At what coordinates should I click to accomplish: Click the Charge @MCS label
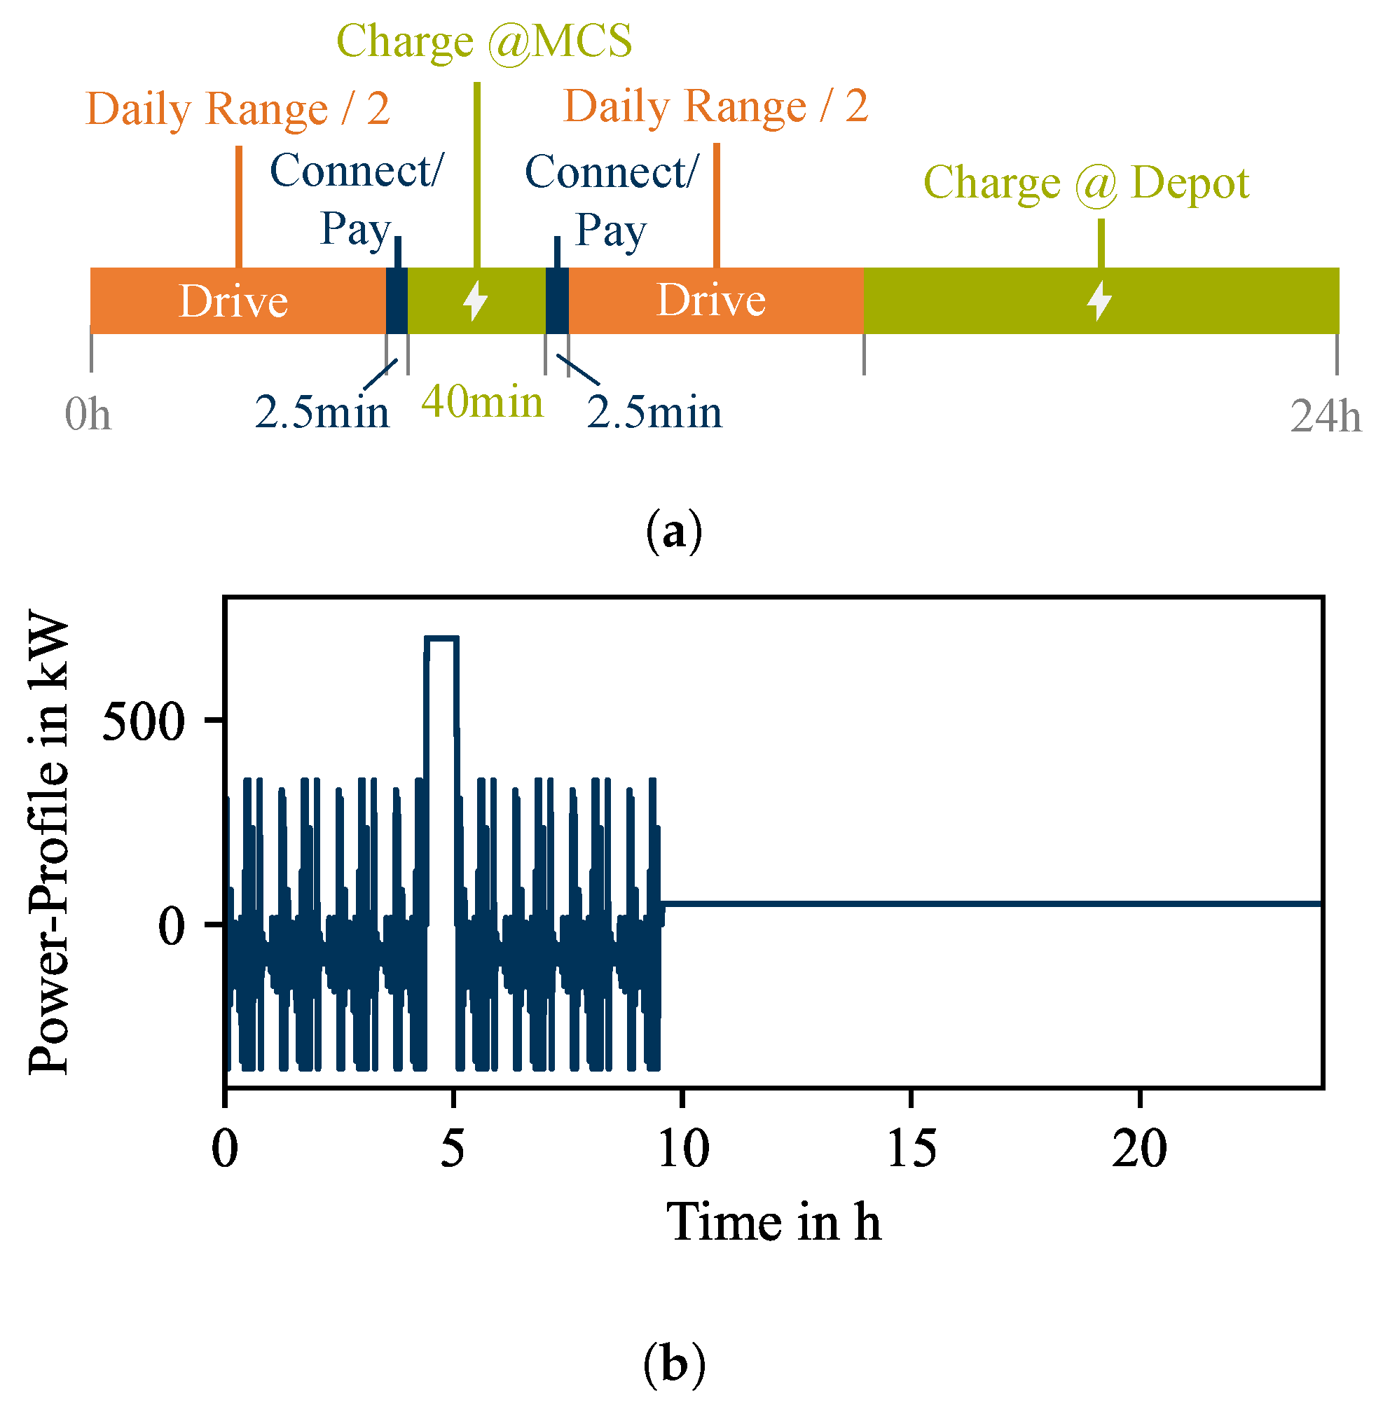coord(484,41)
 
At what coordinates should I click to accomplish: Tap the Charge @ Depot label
coord(1085,183)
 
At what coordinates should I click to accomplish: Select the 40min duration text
coord(482,403)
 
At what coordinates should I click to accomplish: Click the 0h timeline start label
coord(88,415)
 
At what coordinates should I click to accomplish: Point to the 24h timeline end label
coord(1325,417)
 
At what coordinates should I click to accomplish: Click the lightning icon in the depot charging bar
coord(1099,300)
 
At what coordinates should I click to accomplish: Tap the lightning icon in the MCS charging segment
coord(476,300)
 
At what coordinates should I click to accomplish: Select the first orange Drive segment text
coord(233,301)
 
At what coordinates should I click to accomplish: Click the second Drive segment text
coord(710,300)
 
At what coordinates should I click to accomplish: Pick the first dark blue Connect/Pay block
coord(397,300)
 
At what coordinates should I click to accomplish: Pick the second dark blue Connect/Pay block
coord(556,300)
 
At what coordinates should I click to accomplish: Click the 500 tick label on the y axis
coord(144,722)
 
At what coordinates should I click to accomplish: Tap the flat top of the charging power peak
coord(441,639)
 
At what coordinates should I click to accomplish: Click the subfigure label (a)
coord(673,532)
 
